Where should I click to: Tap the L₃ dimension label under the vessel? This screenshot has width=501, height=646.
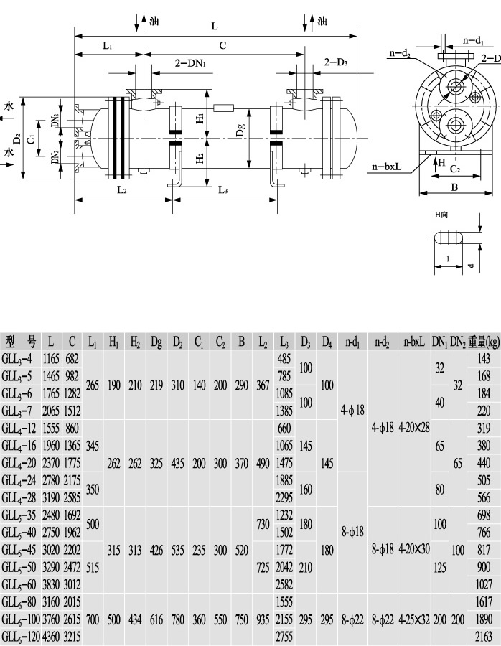pos(223,190)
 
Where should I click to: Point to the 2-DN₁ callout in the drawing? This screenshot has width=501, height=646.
pos(191,64)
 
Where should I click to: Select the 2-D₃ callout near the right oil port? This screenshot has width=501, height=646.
pos(335,63)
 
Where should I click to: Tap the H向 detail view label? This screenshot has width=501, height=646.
pos(442,215)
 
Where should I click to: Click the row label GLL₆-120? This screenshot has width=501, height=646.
pos(22,636)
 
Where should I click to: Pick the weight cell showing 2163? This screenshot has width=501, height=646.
pos(483,636)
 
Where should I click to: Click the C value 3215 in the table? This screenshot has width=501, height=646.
pos(72,636)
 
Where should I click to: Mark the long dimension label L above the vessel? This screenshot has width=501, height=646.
pos(215,27)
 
